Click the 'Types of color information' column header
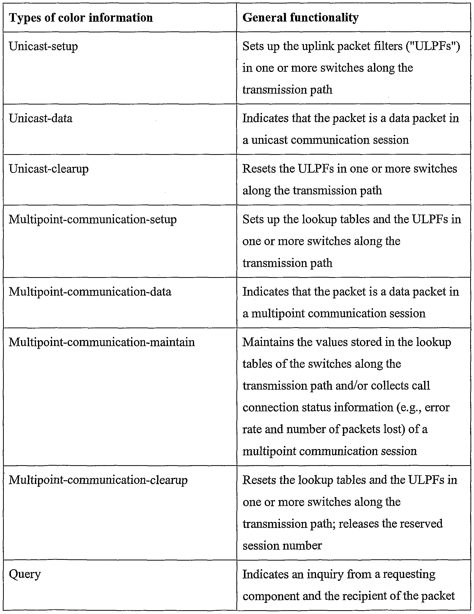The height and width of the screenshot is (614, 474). coord(81,18)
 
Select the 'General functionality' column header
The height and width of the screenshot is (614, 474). coord(300,18)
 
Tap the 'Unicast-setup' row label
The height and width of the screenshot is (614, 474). coord(43,46)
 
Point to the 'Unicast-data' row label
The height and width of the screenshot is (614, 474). coord(41,118)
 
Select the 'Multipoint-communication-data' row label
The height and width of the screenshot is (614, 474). coord(90,292)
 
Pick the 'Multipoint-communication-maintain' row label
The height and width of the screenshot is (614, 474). coord(102,342)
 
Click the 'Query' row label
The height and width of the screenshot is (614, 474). coord(25,574)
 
